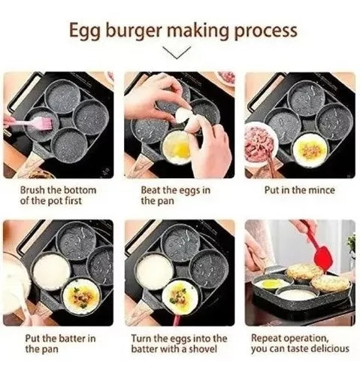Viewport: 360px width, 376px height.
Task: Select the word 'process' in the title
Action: [265, 31]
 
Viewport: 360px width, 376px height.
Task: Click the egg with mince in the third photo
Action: [309, 149]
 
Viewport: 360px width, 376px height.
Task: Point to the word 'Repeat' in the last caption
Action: [266, 338]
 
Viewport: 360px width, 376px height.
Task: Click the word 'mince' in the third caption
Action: [319, 190]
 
